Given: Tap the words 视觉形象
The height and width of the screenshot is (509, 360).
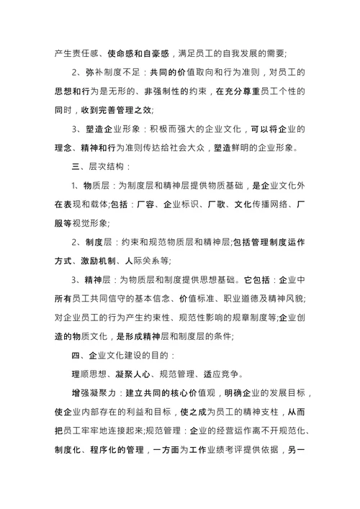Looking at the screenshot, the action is [x=106, y=224].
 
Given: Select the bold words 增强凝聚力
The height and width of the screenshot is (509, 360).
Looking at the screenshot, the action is [x=96, y=394].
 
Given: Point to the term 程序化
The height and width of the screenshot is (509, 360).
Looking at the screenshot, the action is [x=125, y=451].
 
